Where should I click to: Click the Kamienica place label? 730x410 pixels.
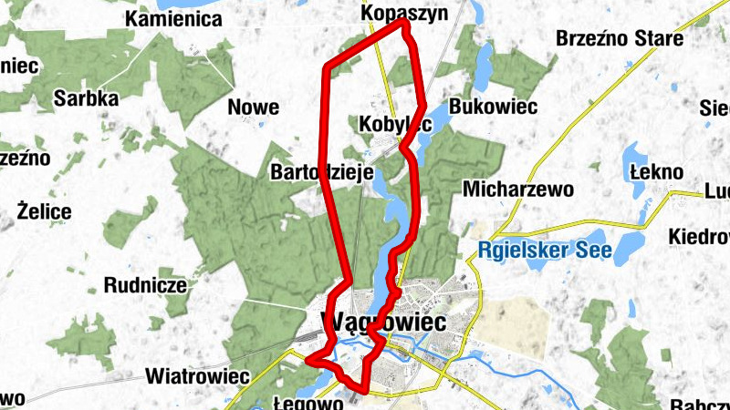pyautogui.click(x=174, y=19)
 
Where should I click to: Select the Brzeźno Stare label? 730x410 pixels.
pyautogui.click(x=620, y=39)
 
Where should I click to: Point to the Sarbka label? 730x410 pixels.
pyautogui.click(x=86, y=98)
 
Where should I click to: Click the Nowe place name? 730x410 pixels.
pyautogui.click(x=253, y=108)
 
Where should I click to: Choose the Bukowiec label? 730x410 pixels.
pyautogui.click(x=493, y=107)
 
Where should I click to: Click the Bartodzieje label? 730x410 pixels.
pyautogui.click(x=318, y=171)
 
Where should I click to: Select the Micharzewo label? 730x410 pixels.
pyautogui.click(x=517, y=190)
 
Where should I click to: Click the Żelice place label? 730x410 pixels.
pyautogui.click(x=44, y=211)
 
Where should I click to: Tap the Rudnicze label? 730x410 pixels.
pyautogui.click(x=146, y=285)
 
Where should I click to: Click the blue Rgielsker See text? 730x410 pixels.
pyautogui.click(x=542, y=249)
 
